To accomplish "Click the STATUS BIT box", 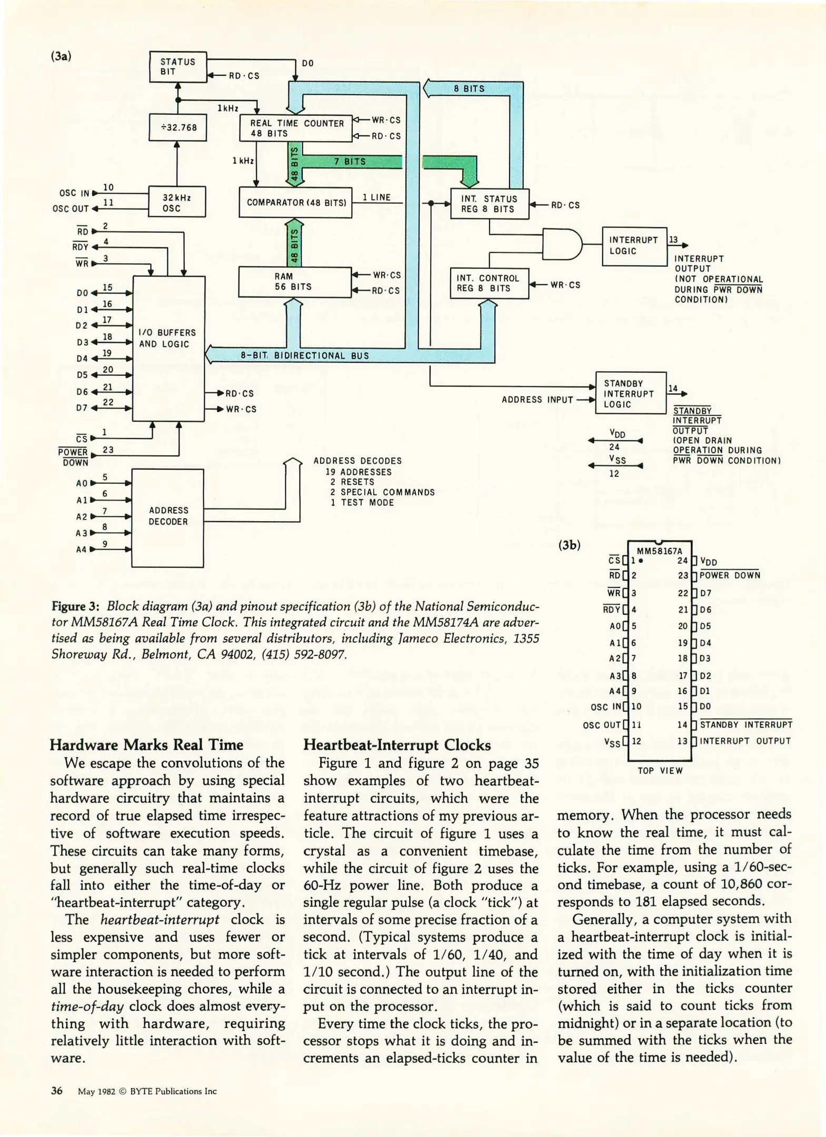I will coord(178,67).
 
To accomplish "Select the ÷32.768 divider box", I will coord(178,127).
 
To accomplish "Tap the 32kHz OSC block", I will coord(177,202).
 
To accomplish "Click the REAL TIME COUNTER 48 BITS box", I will coord(295,128).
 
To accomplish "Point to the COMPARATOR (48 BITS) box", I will coord(295,203).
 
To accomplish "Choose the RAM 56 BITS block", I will coord(294,282).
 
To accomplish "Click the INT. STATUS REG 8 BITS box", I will coord(490,204).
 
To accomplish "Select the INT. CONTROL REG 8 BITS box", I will coord(489,283).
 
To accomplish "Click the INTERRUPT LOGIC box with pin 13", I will coord(634,246).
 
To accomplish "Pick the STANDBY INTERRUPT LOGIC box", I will coord(631,393).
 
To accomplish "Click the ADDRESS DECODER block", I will coord(167,517).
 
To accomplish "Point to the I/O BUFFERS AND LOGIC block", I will coord(168,348).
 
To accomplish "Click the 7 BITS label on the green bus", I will coord(350,162).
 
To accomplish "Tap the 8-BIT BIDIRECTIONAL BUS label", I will coord(305,355).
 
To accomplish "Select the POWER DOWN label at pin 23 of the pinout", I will coord(730,575).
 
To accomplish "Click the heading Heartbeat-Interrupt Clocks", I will coord(397,745).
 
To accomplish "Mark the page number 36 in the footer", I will coord(57,1090).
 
